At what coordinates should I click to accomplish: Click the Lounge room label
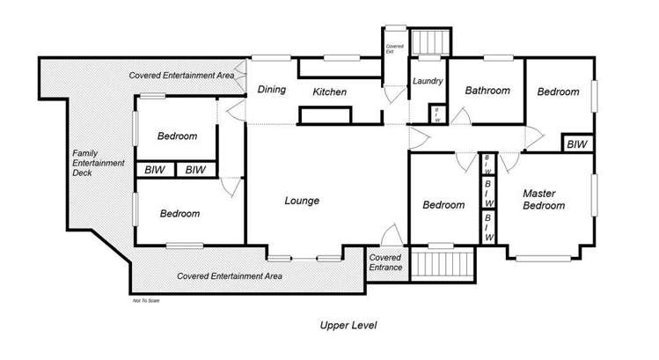point(301,201)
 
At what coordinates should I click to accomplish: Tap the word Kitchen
point(330,92)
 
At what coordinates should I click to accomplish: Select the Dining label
point(271,89)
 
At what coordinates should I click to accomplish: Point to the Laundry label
point(427,81)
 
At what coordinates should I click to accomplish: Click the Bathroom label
point(487,90)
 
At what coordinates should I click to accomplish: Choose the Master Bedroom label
point(544,199)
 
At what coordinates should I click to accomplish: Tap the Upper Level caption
point(348,325)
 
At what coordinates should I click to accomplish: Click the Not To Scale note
point(145,300)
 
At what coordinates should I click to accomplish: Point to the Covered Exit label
point(395,49)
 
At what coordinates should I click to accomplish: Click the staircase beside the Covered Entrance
point(443,264)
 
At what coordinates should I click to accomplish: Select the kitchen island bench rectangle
point(330,116)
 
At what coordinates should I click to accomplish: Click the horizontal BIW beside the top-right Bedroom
point(576,143)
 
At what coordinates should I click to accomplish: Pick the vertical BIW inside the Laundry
point(437,115)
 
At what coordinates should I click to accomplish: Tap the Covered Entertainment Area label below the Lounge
point(229,276)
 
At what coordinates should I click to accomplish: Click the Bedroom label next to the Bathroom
point(559,92)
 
